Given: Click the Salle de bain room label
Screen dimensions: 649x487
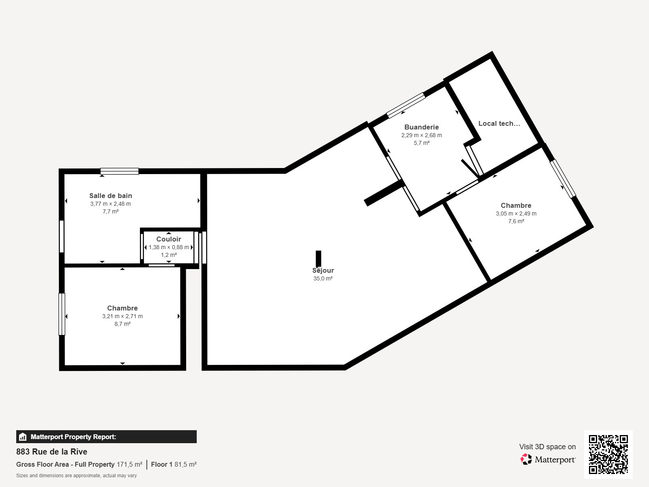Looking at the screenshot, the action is (x=111, y=196).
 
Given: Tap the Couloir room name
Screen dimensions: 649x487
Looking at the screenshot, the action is (x=168, y=239).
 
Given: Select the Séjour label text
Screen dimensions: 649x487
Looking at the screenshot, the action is (x=323, y=270).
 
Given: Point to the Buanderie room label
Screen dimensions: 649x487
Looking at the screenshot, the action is (x=421, y=127).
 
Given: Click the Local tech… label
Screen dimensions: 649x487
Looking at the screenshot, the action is (x=499, y=124).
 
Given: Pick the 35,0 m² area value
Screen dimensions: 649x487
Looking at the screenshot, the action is (x=323, y=278).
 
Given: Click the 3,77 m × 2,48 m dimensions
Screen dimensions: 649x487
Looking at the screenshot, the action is (x=111, y=204).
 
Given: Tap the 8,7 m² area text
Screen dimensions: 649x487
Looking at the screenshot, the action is (x=122, y=324).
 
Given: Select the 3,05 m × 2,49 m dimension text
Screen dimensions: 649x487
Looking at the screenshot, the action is (x=516, y=213).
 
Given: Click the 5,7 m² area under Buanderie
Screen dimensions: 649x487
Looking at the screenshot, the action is (x=421, y=143).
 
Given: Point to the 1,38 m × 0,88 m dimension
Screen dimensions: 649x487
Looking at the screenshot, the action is (x=169, y=247).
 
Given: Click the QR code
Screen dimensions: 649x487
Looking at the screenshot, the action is (x=608, y=455).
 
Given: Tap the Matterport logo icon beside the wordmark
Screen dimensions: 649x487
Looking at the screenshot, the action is (x=526, y=459).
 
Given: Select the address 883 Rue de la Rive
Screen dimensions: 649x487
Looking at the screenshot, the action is (x=52, y=452).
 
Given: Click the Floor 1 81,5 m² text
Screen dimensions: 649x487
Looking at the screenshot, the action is (x=174, y=465).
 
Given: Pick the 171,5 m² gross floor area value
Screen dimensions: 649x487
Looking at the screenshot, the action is (x=129, y=465).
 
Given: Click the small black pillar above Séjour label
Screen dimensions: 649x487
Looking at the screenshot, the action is (x=318, y=259).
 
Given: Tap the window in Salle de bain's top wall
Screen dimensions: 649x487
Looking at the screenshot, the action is (x=119, y=171).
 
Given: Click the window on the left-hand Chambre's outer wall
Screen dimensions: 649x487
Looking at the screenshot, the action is (x=62, y=314).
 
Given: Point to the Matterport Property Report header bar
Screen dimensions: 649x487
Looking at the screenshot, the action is (x=106, y=437).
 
